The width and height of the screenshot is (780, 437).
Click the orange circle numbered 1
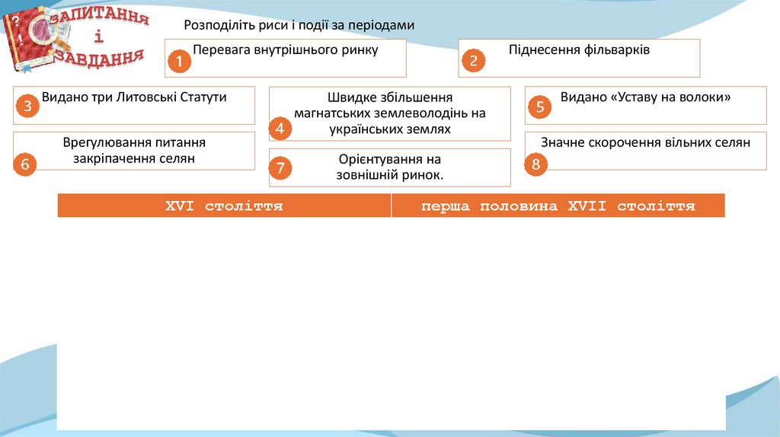(x=179, y=62)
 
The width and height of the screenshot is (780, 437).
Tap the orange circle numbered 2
(x=473, y=61)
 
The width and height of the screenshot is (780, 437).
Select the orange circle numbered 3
(x=27, y=107)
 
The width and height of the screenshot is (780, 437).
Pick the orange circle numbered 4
(x=280, y=129)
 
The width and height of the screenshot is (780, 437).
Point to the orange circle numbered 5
(x=539, y=107)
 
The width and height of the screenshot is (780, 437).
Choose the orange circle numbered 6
(x=26, y=164)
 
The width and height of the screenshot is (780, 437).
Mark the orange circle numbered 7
(x=280, y=168)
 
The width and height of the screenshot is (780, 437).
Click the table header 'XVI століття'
(x=225, y=206)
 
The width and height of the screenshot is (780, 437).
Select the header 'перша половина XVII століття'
(x=558, y=206)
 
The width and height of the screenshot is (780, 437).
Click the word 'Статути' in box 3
(x=204, y=97)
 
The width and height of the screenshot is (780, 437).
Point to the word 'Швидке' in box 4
(x=347, y=97)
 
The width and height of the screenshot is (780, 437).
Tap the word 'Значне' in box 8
(x=563, y=142)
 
